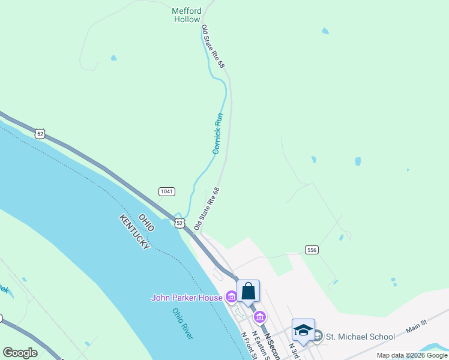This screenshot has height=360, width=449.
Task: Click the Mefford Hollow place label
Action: point(187,15)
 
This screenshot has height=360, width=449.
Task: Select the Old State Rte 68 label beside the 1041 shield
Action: point(206,209)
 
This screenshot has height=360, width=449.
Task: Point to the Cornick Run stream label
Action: point(218,133)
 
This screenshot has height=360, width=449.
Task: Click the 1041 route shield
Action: point(167,191)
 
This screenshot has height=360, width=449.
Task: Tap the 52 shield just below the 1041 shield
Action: point(179,223)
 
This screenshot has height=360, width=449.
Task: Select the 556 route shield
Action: point(311,250)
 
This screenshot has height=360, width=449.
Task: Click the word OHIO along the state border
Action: point(146,223)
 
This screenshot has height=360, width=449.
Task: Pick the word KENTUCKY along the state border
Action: point(134,233)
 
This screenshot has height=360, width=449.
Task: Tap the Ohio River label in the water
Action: point(182,324)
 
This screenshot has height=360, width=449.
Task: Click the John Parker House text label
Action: point(187,297)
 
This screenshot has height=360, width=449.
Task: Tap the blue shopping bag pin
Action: point(249,292)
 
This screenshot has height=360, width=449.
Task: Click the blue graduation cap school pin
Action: point(303,331)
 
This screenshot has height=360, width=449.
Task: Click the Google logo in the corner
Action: point(20,353)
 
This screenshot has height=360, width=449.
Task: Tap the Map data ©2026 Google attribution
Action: point(411,355)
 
